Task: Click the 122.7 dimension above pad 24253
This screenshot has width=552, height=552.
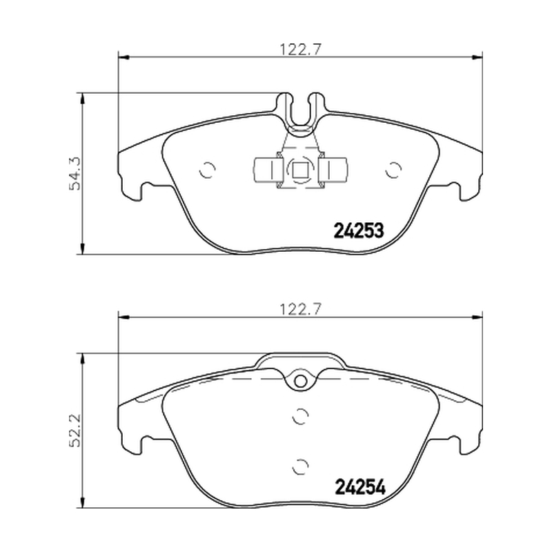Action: coord(300,49)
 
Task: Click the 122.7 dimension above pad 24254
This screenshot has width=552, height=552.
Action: coord(300,309)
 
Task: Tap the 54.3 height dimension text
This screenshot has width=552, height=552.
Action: coord(75,174)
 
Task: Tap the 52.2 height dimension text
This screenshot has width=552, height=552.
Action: coord(75,430)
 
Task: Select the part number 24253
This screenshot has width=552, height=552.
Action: coord(358,231)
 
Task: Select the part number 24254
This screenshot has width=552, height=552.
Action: coord(360,487)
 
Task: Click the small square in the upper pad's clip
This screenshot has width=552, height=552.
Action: coord(299,171)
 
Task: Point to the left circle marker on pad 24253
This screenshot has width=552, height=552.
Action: coord(206,170)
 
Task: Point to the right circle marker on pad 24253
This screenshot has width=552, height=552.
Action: coord(393,170)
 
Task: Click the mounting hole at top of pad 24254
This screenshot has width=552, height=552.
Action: coord(300,381)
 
